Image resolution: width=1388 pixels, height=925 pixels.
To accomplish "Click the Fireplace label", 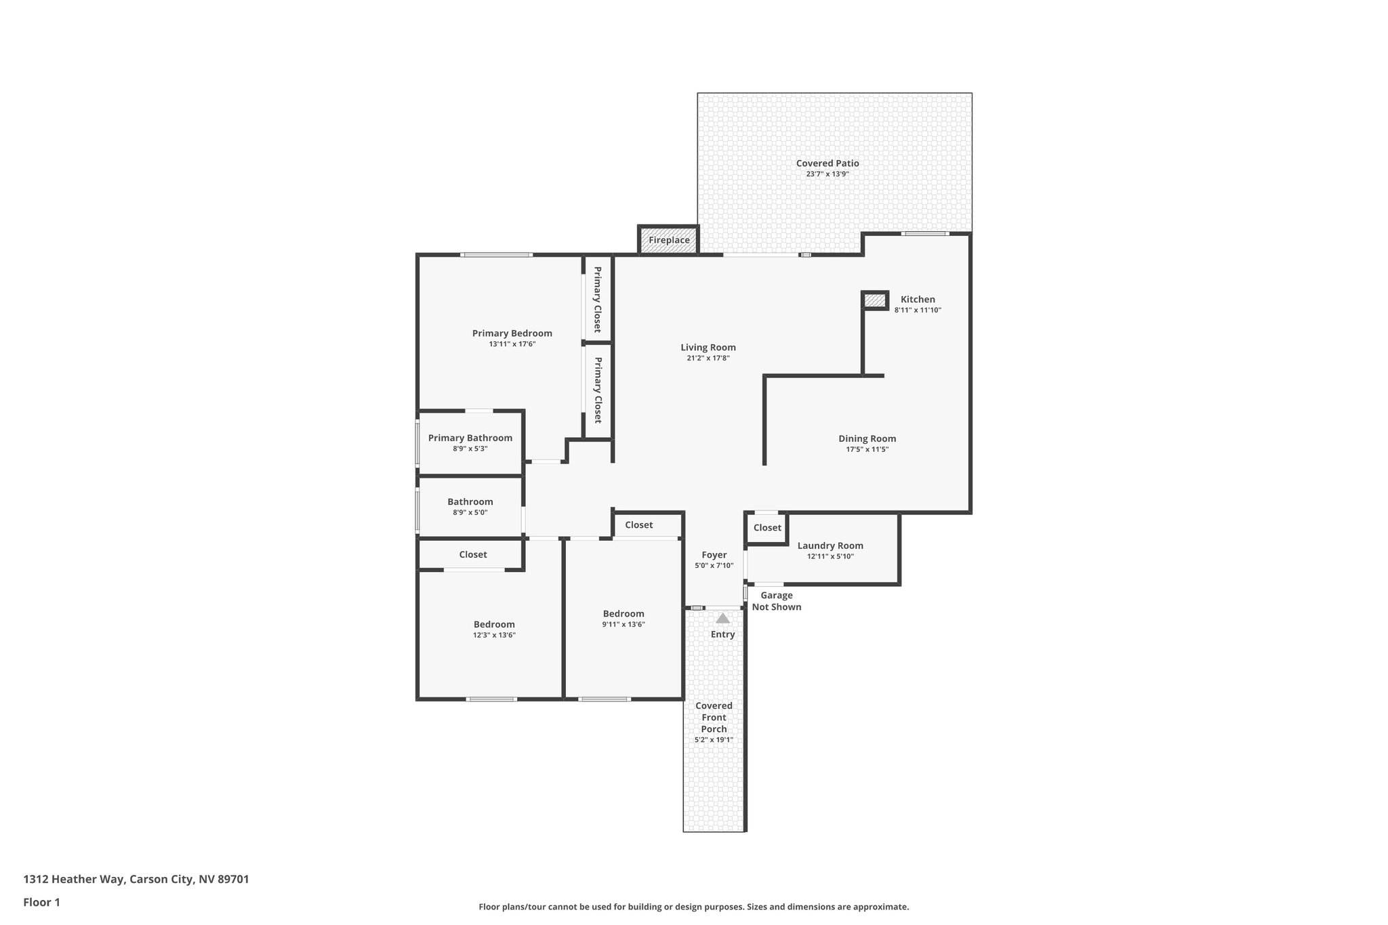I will tap(669, 240).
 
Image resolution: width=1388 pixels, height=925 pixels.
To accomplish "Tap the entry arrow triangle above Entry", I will tap(722, 618).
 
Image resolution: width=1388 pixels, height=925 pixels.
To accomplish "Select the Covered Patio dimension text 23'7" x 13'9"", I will tap(827, 174).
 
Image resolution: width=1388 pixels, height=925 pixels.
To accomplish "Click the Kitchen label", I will tap(918, 300).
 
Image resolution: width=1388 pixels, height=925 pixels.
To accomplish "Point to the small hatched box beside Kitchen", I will tap(874, 300).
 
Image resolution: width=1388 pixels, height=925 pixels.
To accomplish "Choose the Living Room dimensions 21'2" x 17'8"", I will tap(708, 358).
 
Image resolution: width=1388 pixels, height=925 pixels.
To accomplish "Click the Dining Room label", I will tap(867, 438).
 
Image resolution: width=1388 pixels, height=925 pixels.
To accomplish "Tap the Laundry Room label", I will tap(830, 546).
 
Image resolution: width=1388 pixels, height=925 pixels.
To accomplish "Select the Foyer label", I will tap(714, 555).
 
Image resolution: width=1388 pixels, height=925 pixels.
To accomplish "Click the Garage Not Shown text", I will tap(777, 601).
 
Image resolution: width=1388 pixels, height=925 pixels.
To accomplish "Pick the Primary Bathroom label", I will tap(470, 438).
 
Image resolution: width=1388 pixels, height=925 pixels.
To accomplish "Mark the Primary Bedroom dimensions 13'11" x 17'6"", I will tap(512, 344).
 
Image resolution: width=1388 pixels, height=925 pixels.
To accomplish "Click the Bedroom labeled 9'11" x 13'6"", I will tap(624, 614).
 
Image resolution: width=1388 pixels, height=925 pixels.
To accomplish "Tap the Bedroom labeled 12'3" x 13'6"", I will tap(494, 625).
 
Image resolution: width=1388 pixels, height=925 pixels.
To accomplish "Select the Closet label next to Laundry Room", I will tap(767, 528).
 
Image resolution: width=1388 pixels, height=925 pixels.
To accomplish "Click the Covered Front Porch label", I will tap(714, 717).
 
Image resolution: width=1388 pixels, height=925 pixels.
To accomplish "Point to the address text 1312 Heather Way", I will tap(136, 879).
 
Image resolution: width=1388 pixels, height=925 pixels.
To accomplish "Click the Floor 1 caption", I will tap(42, 902).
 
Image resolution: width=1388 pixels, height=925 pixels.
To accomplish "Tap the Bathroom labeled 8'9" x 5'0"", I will tap(470, 502).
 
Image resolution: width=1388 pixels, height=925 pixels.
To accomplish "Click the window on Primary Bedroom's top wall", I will tap(496, 255).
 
